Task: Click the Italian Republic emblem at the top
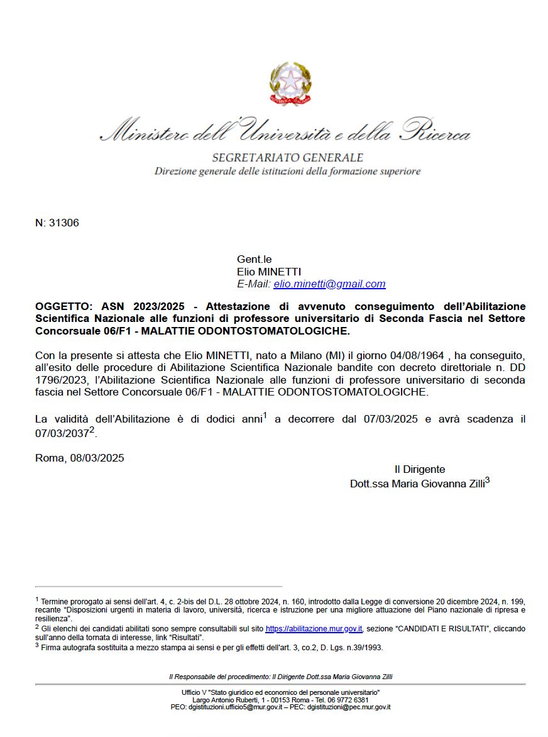pyautogui.click(x=290, y=84)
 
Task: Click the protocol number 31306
pyautogui.click(x=63, y=223)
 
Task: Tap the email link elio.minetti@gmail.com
pyautogui.click(x=329, y=284)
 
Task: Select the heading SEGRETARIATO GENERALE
pyautogui.click(x=287, y=157)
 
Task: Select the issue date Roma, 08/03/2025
pyautogui.click(x=80, y=458)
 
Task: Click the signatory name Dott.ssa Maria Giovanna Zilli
pyautogui.click(x=417, y=484)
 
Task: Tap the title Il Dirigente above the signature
pyautogui.click(x=420, y=469)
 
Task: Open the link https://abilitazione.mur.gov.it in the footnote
pyautogui.click(x=314, y=628)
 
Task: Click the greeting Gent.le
pyautogui.click(x=254, y=259)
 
